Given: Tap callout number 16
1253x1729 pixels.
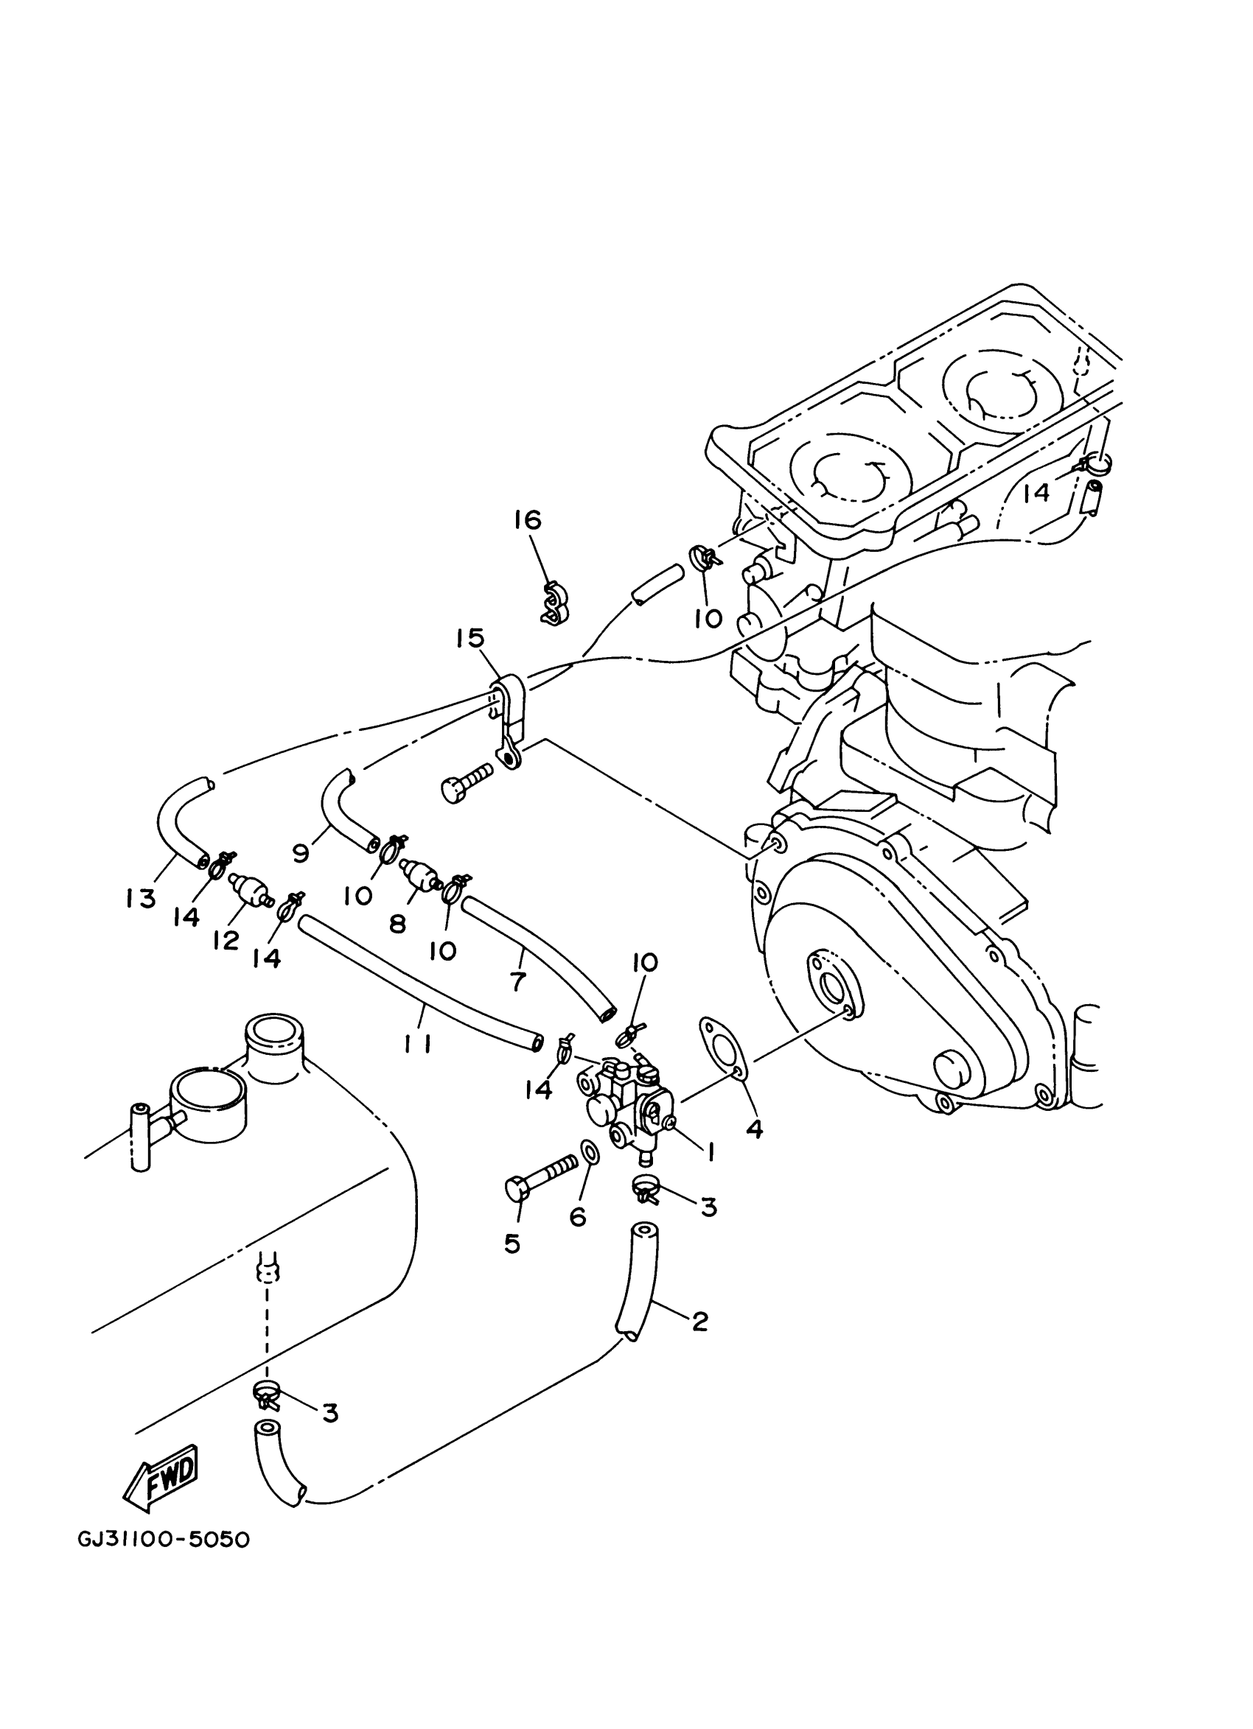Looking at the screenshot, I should [527, 520].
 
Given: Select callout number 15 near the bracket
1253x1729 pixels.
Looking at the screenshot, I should [470, 638].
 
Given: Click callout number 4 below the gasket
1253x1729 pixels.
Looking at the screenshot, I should [753, 1129].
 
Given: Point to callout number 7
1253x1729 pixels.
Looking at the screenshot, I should [518, 982].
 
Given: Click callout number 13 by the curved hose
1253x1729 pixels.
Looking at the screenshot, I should [141, 899].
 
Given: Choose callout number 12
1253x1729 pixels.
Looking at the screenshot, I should [226, 940].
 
